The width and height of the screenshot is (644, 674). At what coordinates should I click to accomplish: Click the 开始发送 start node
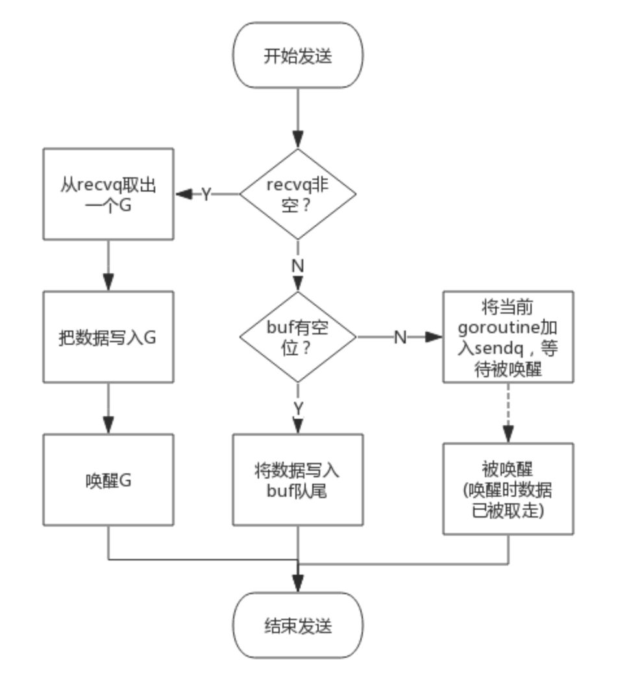click(298, 56)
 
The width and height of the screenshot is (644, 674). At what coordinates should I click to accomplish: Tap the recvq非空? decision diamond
click(298, 194)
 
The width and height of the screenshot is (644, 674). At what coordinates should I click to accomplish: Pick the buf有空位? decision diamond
click(298, 337)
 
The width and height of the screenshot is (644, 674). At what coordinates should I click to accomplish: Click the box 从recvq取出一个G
click(108, 193)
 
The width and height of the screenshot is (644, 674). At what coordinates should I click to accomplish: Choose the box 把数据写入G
click(108, 337)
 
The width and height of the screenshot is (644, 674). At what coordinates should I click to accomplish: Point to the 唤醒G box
click(108, 480)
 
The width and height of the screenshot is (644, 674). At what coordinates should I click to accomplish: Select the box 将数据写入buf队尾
click(298, 480)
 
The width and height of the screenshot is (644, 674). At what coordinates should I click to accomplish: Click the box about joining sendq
click(508, 336)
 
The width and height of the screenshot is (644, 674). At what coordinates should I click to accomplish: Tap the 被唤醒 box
click(508, 489)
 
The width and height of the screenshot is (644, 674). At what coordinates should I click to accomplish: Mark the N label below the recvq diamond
click(298, 265)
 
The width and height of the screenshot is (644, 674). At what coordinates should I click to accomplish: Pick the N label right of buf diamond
click(401, 337)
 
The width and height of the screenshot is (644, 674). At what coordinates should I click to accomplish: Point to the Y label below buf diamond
click(298, 408)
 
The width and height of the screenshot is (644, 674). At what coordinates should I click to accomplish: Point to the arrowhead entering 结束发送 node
click(298, 584)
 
